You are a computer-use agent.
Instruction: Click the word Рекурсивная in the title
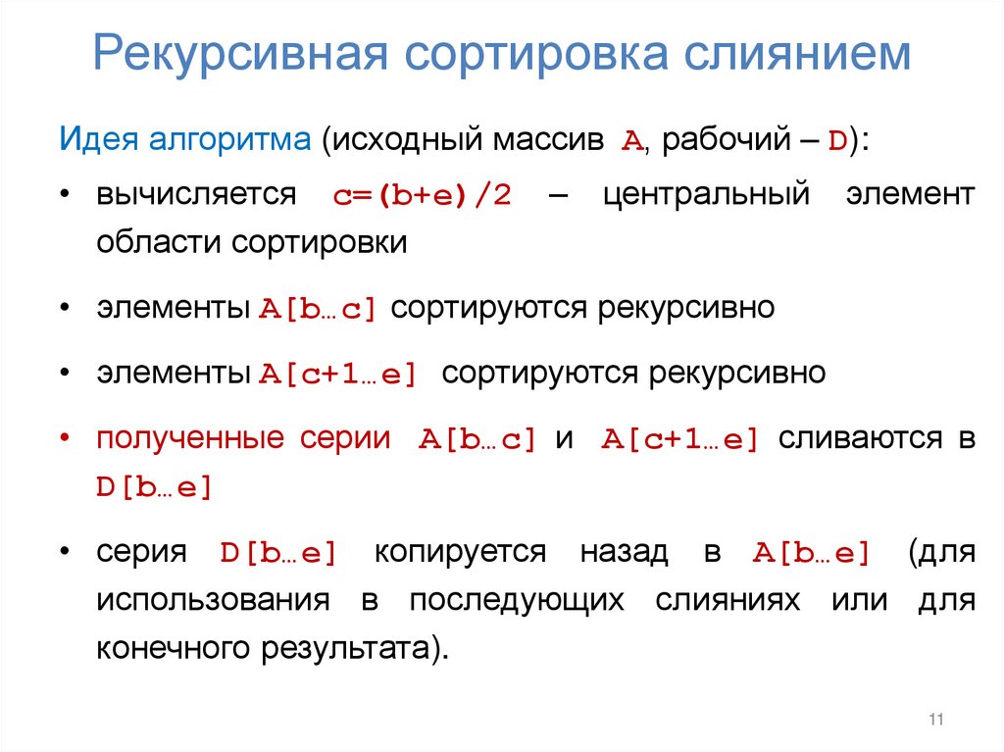coord(232,55)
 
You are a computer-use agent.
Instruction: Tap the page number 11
coord(934,721)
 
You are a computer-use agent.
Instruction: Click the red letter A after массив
coord(631,141)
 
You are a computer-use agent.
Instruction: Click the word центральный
coord(706,193)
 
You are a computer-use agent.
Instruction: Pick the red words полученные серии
coord(242,438)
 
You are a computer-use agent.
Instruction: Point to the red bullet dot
coord(63,439)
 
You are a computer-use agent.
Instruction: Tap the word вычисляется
coord(195,193)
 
